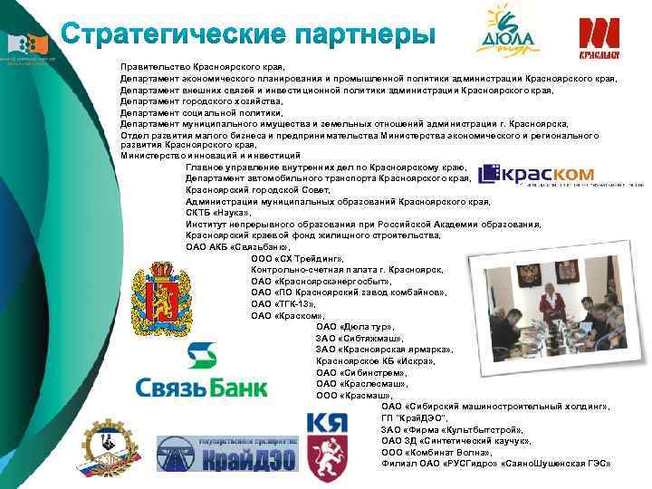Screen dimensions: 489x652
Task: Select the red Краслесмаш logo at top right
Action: (x=599, y=36)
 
